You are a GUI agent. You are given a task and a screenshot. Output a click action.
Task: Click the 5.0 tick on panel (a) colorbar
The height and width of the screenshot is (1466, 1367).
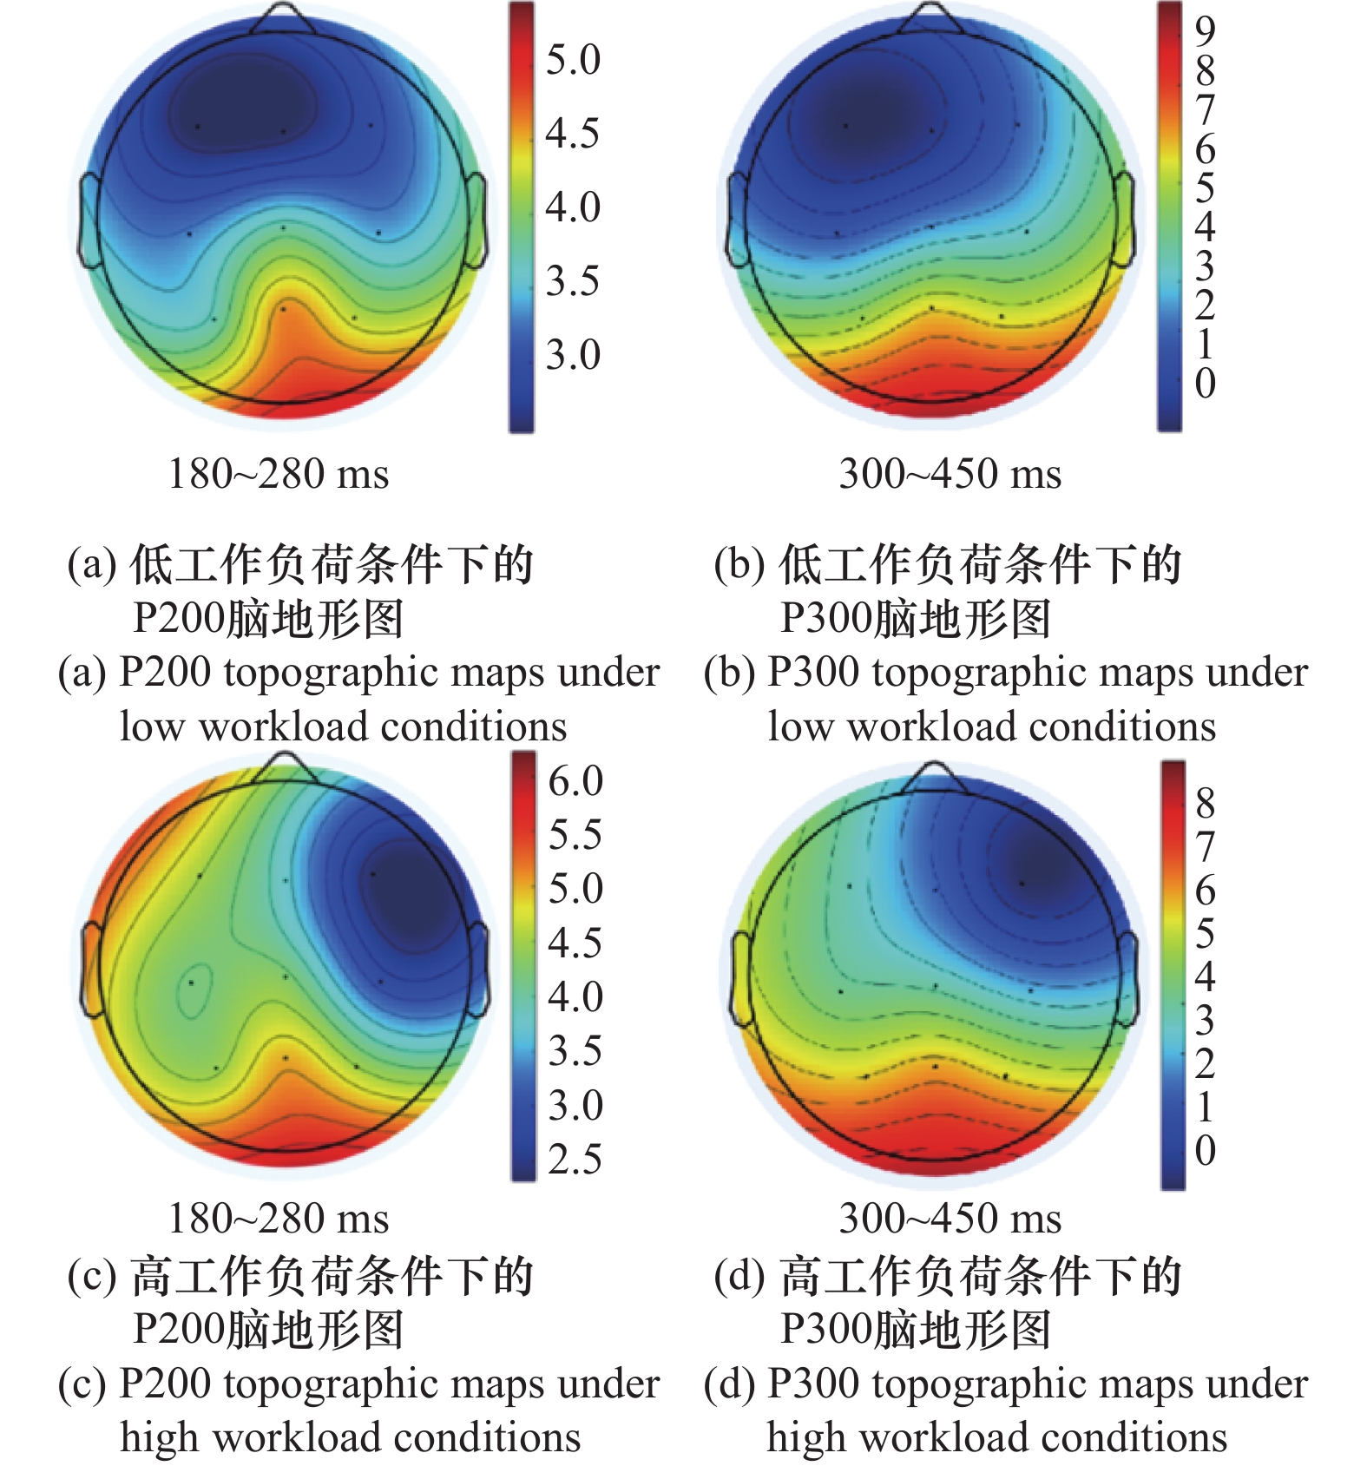tap(573, 60)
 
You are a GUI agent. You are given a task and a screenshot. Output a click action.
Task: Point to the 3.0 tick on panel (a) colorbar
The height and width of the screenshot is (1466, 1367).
tap(573, 355)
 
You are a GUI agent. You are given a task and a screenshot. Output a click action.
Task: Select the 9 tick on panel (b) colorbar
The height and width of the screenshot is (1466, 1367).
tap(1205, 31)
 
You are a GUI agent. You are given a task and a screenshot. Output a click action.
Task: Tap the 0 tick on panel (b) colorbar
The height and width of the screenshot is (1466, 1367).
tap(1205, 383)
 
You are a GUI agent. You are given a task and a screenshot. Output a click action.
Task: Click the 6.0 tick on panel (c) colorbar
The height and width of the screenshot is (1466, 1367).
tap(575, 781)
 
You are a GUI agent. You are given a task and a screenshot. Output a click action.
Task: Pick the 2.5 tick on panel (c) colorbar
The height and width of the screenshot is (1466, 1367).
tap(575, 1160)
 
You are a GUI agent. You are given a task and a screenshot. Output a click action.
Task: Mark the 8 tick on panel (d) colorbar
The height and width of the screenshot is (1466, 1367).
tap(1205, 803)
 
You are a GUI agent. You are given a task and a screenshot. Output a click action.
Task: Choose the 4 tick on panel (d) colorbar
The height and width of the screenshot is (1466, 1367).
tap(1205, 976)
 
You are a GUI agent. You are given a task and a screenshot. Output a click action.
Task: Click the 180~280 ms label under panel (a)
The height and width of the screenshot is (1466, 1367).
tap(279, 474)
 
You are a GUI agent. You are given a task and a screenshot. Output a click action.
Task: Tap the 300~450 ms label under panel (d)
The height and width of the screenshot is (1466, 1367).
tap(950, 1218)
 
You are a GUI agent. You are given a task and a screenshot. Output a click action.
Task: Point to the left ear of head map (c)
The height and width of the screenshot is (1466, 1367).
tap(91, 970)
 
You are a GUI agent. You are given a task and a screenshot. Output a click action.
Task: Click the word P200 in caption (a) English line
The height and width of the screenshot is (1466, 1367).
tap(164, 673)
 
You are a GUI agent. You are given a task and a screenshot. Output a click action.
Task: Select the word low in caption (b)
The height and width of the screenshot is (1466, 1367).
tap(799, 726)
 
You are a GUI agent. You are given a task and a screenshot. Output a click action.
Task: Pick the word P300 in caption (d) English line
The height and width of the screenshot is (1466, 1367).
tap(812, 1384)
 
